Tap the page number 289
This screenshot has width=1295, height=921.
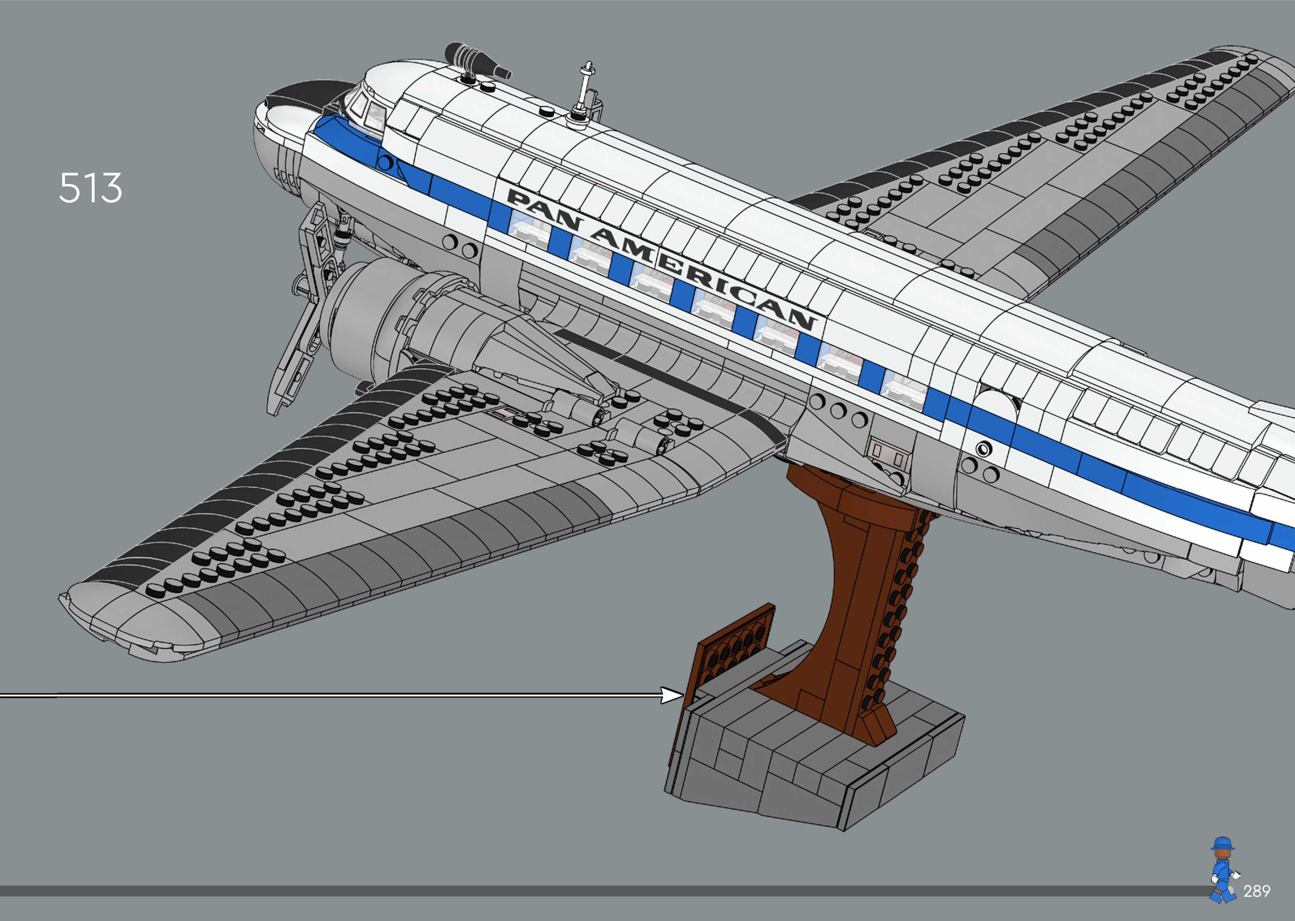point(1256,891)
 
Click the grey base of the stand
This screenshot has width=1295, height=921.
point(817,760)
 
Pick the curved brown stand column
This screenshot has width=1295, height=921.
point(850,595)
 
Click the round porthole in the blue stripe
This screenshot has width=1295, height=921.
point(984,449)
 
